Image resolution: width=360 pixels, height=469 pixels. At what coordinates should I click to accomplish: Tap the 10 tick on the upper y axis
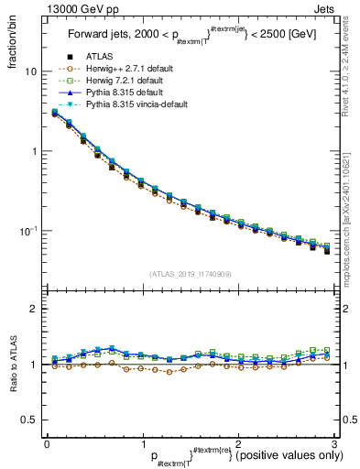(x=31, y=71)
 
